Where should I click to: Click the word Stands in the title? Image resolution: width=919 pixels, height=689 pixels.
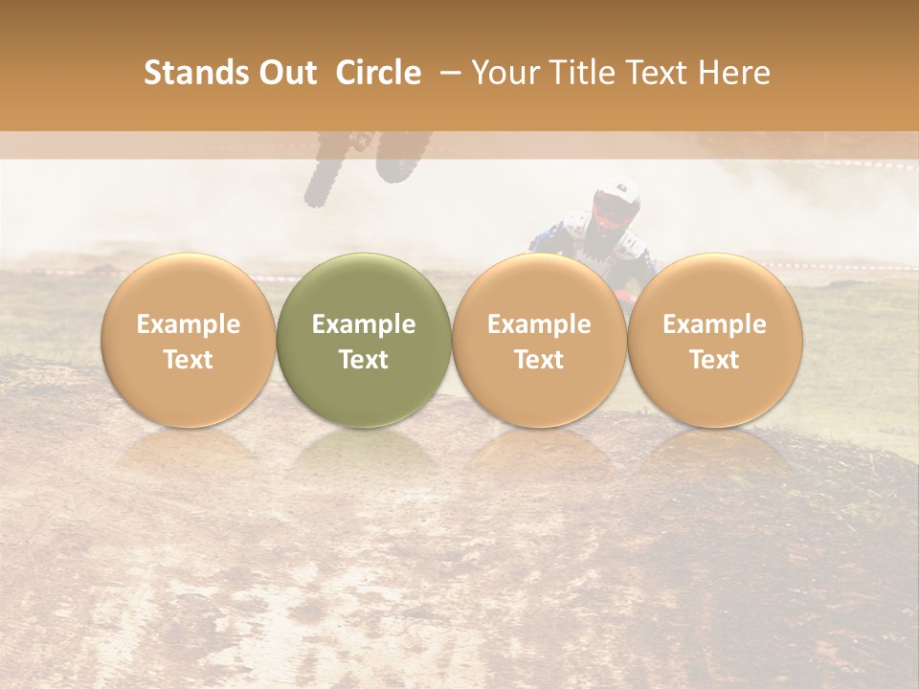[195, 73]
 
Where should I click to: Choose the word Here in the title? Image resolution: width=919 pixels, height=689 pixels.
[735, 73]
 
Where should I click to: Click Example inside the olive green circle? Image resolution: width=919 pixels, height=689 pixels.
[364, 324]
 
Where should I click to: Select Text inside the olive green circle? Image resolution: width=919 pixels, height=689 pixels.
[364, 360]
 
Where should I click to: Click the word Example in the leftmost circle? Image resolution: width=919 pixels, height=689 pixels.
[189, 324]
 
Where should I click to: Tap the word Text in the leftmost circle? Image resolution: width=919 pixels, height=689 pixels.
[189, 360]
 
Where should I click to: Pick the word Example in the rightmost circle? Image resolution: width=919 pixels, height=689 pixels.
[715, 324]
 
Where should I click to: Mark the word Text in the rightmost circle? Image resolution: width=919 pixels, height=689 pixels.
[715, 360]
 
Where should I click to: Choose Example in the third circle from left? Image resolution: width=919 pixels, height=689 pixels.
[539, 324]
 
